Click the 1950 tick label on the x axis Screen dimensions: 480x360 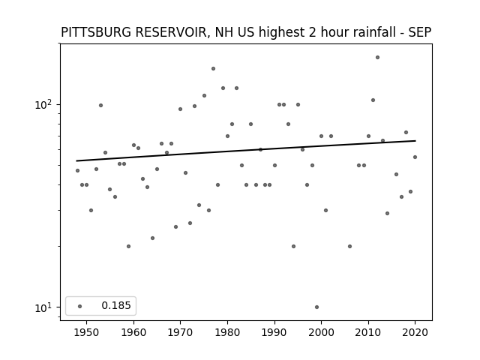click(87, 332)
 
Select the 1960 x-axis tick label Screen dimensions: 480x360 click(133, 332)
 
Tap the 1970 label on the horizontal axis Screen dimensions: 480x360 click(180, 332)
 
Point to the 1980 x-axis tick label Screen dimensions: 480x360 click(227, 332)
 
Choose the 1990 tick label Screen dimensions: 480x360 click(274, 332)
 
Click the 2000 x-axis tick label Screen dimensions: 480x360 click(321, 332)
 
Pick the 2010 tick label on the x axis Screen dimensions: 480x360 click(368, 332)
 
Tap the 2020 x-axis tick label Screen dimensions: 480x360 click(415, 332)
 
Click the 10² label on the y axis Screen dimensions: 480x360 click(43, 105)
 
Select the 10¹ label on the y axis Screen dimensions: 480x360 click(43, 307)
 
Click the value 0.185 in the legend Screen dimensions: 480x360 click(116, 305)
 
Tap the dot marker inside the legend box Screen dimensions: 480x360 click(80, 306)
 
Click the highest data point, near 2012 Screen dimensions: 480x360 click(377, 57)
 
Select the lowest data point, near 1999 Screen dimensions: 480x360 click(316, 307)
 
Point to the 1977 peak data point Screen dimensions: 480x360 click(213, 68)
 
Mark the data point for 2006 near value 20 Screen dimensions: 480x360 click(350, 247)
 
